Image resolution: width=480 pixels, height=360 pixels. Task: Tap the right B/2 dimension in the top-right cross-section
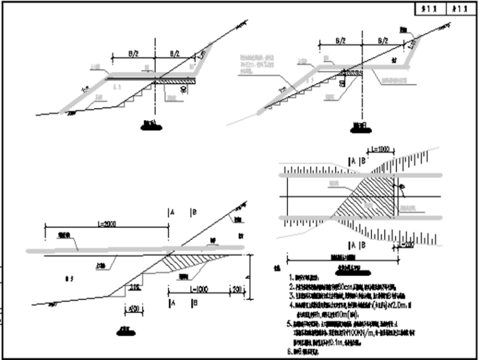(x=381, y=40)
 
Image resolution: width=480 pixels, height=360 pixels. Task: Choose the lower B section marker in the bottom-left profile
(x=193, y=303)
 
